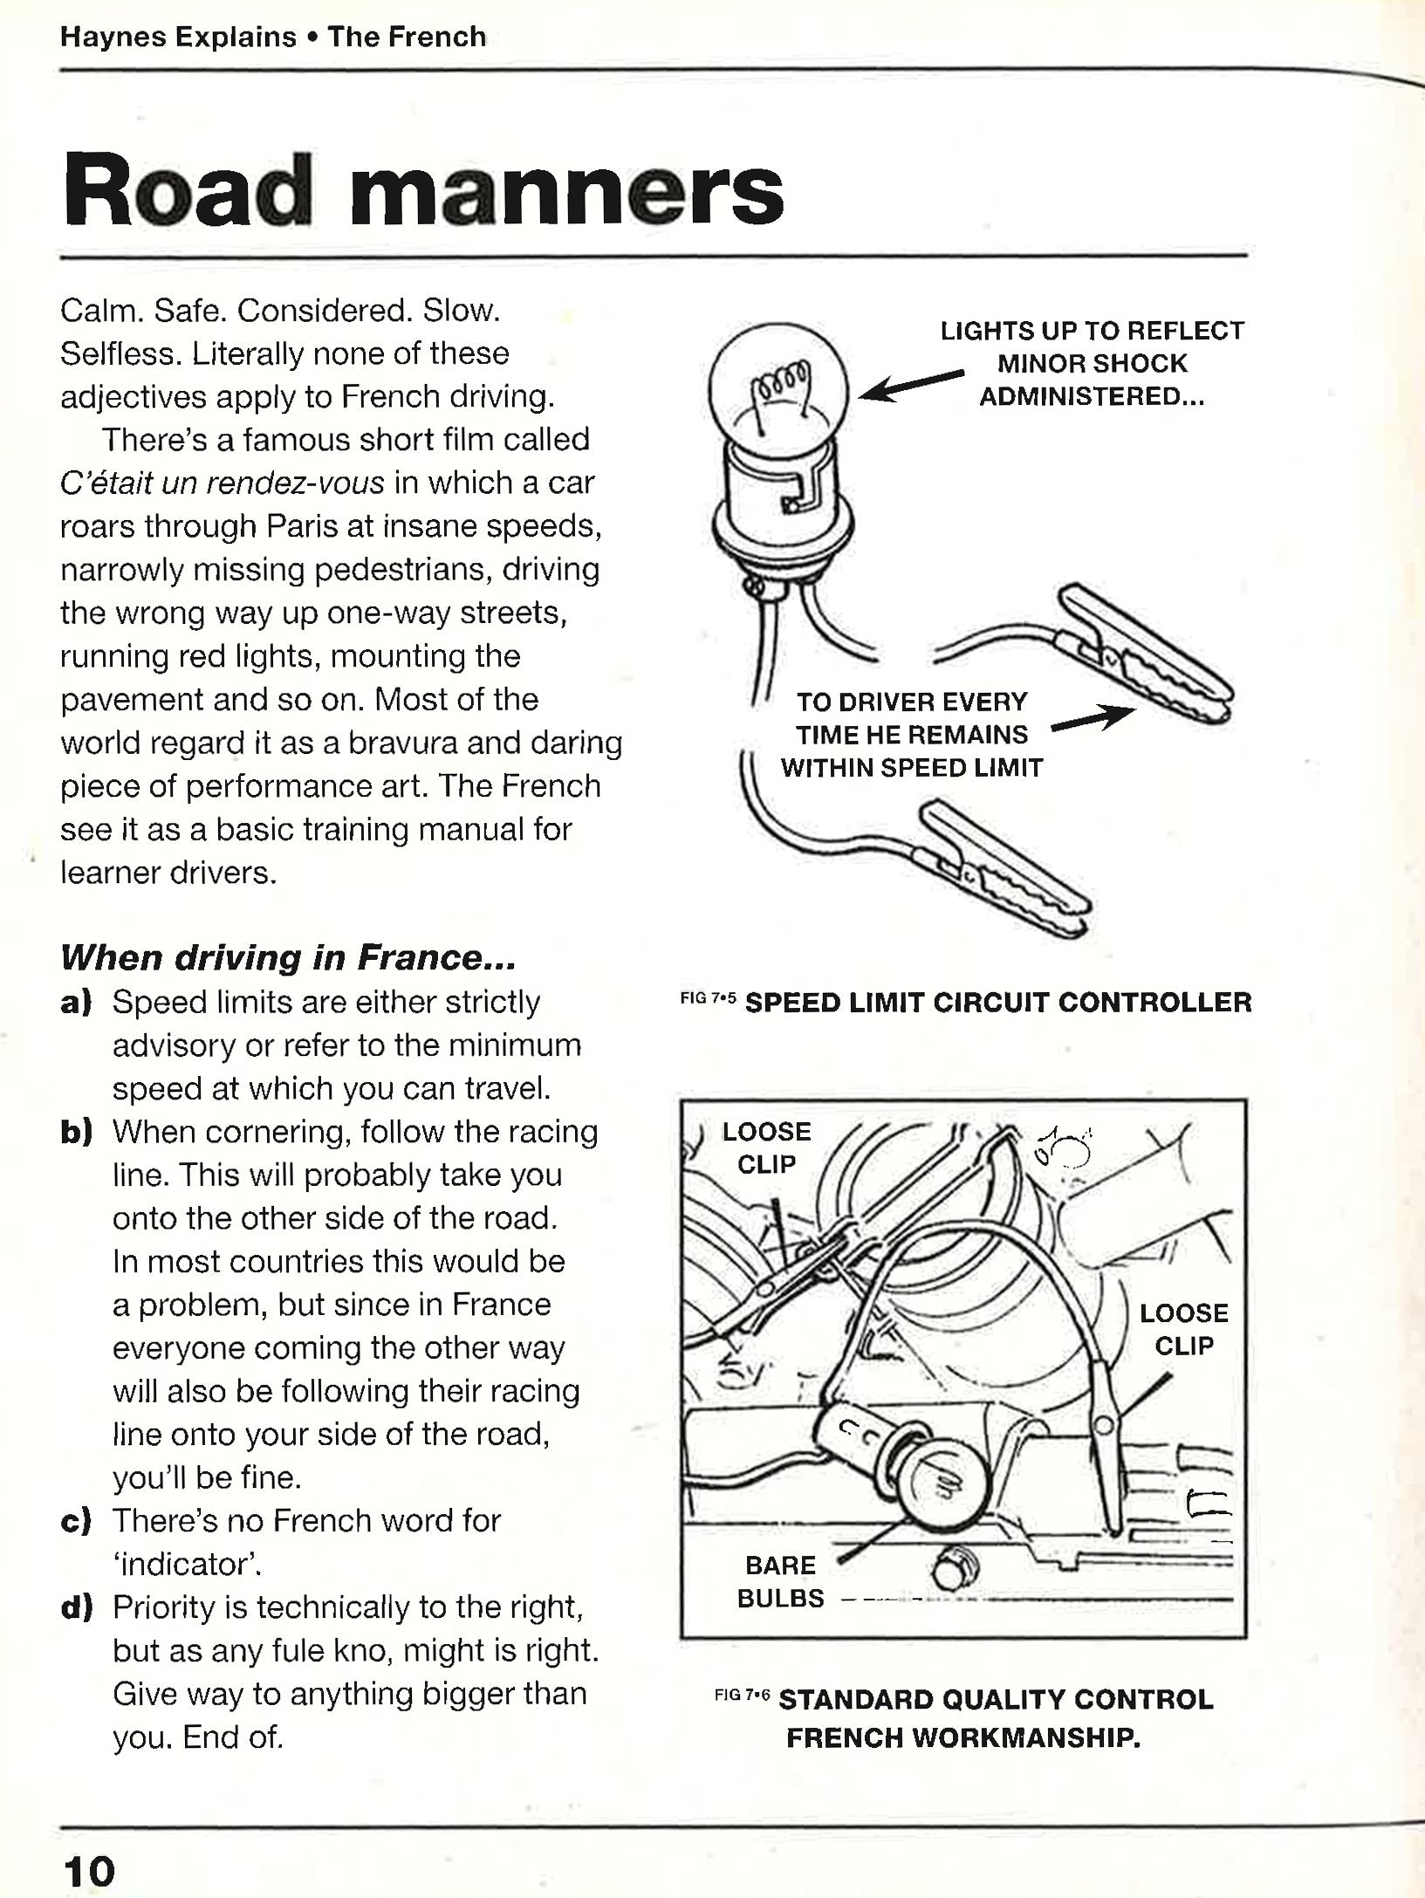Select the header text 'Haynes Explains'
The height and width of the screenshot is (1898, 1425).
click(178, 38)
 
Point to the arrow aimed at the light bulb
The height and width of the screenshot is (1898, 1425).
click(912, 385)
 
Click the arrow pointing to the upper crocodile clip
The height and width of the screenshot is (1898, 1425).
click(1093, 721)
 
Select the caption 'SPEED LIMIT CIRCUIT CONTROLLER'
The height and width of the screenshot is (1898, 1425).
click(997, 1002)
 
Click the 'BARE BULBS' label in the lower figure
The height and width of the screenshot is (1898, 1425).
click(780, 1580)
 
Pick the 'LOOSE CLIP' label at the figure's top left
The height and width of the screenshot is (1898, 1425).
click(766, 1148)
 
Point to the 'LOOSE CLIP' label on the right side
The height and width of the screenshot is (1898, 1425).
click(1183, 1329)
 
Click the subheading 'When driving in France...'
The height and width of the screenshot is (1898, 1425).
click(288, 958)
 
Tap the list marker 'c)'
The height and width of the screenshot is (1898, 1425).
click(77, 1521)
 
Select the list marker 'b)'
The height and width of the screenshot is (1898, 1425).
click(77, 1133)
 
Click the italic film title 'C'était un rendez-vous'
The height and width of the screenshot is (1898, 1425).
click(223, 483)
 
